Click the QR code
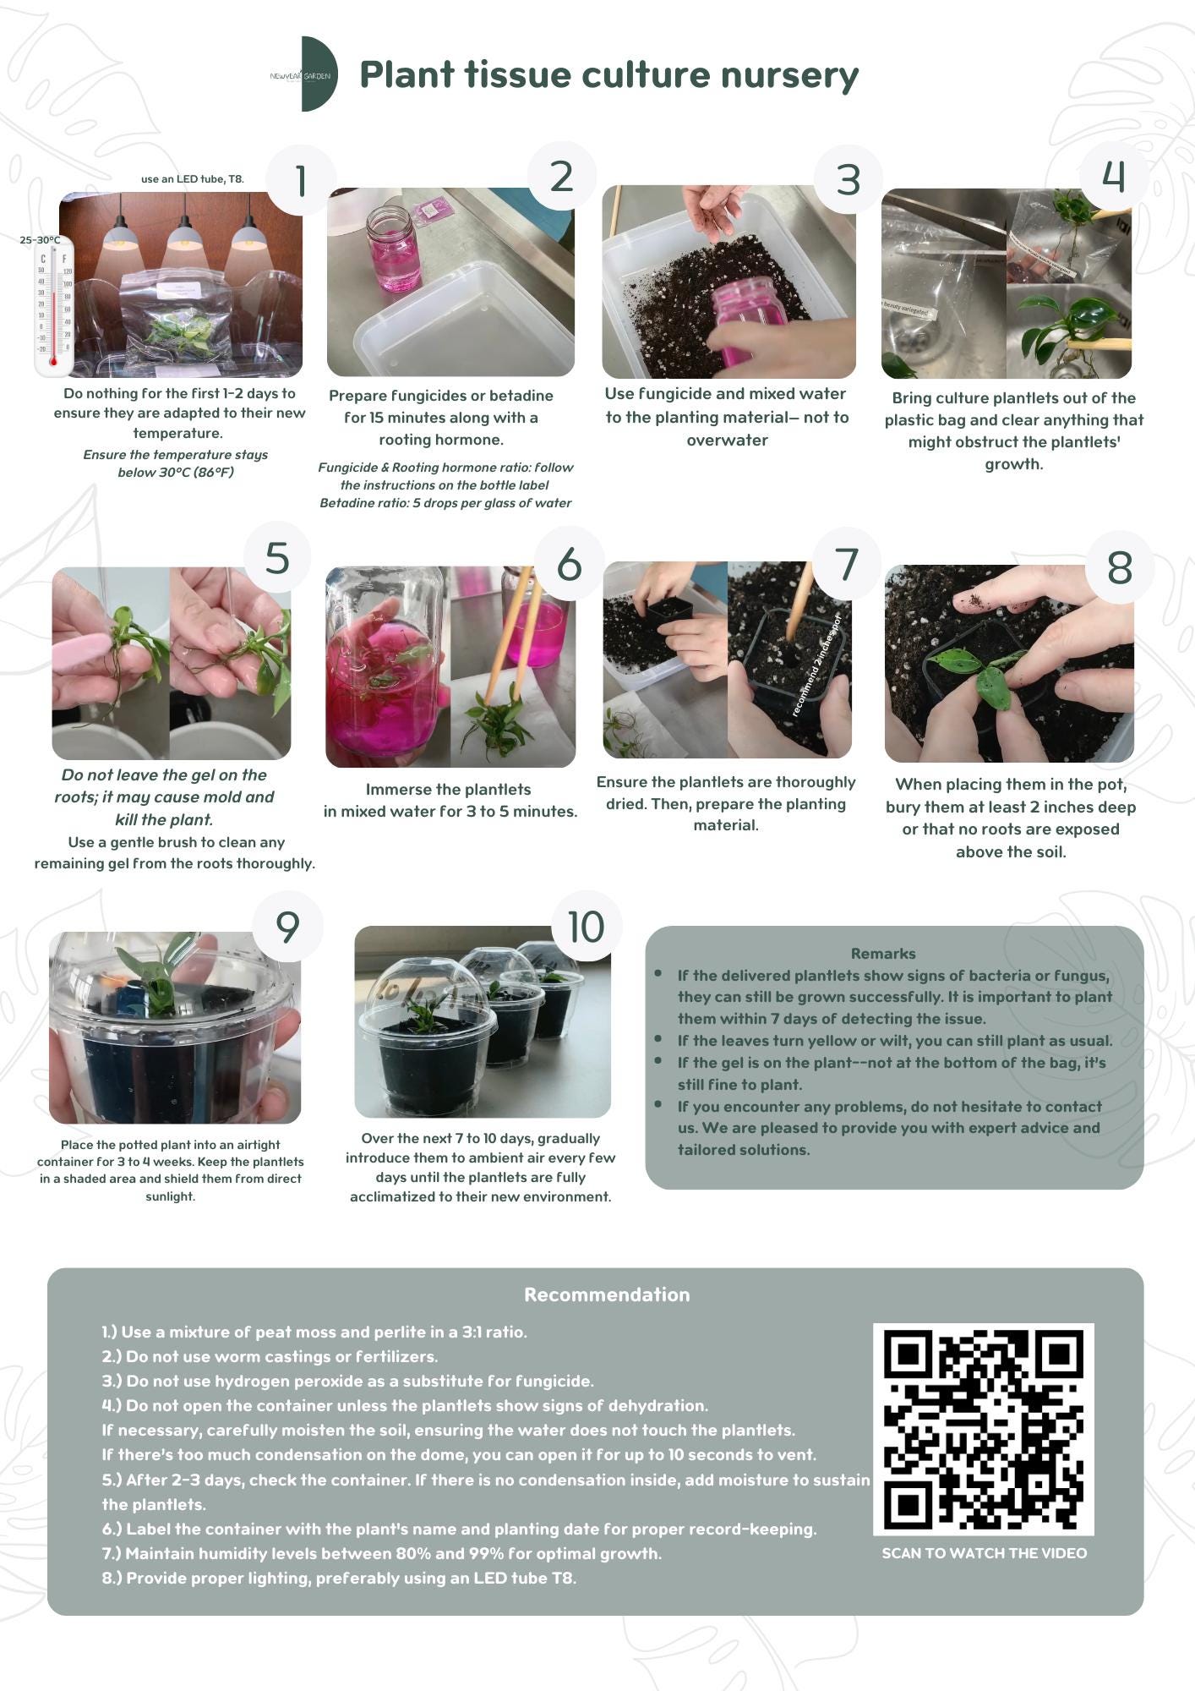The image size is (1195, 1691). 983,1429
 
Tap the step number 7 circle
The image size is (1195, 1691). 846,564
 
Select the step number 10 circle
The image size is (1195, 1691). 586,927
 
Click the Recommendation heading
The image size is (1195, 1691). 607,1294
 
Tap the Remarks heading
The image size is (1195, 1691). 882,953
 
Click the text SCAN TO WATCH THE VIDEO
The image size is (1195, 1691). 984,1553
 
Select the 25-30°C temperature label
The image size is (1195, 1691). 40,240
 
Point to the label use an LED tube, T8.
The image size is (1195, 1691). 192,178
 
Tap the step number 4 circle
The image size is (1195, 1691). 1113,176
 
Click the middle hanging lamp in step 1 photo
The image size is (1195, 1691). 183,233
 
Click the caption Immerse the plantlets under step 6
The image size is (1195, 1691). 448,789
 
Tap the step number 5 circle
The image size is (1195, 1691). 276,558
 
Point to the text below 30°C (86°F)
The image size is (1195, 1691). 176,472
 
